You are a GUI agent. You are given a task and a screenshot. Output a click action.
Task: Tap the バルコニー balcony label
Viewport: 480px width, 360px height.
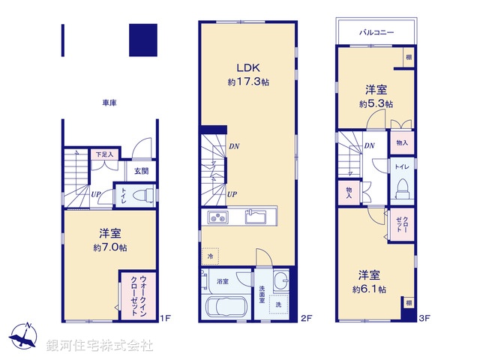(x=376, y=33)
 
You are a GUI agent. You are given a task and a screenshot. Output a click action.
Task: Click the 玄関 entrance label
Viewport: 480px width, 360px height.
(x=141, y=171)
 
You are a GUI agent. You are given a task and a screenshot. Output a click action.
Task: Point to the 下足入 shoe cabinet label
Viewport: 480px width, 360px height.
(x=104, y=155)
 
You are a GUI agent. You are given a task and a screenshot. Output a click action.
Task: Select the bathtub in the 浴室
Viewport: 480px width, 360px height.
(x=226, y=307)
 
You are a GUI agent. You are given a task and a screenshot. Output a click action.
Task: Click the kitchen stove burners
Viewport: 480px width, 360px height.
(x=218, y=218)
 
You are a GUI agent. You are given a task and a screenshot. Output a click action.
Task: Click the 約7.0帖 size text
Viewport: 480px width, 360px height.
(x=109, y=247)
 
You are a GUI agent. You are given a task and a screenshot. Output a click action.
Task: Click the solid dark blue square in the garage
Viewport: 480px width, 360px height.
(x=143, y=40)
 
